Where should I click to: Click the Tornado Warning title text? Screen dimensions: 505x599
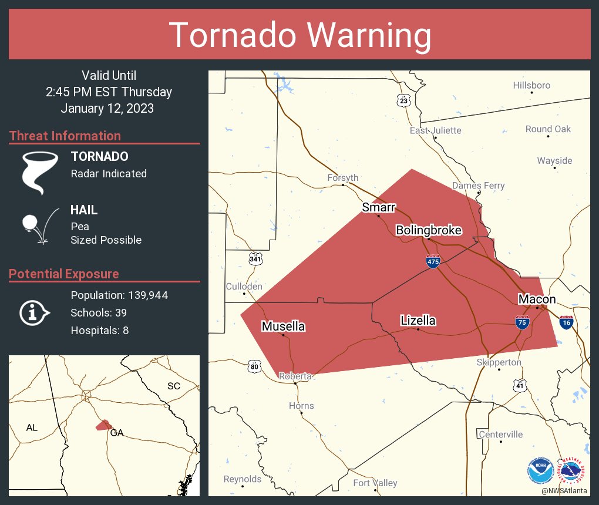click(x=299, y=35)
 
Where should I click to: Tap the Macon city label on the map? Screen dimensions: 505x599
click(x=536, y=299)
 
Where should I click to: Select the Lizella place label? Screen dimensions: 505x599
click(x=418, y=320)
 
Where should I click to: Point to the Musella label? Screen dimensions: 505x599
click(x=283, y=326)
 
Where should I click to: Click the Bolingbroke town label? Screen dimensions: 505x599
click(x=428, y=230)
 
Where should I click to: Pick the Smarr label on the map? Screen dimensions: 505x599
click(x=379, y=207)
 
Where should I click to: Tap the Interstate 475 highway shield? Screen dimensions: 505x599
click(x=433, y=262)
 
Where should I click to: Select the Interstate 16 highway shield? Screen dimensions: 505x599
click(x=566, y=322)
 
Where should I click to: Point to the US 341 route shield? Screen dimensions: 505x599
click(x=255, y=259)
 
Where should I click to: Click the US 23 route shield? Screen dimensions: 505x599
click(x=403, y=100)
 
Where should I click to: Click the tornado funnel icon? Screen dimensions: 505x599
click(x=40, y=171)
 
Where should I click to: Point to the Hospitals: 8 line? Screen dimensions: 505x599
click(x=99, y=330)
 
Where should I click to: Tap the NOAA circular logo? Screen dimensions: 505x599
click(x=540, y=470)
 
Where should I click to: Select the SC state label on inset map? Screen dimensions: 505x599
click(x=173, y=386)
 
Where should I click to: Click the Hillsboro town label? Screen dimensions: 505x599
click(x=531, y=85)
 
